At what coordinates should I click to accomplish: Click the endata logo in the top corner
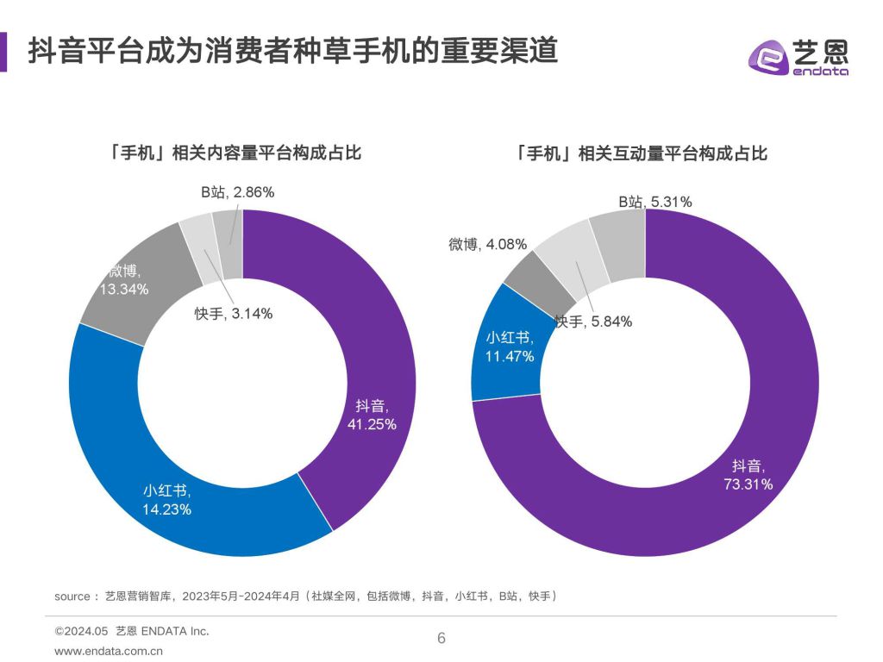(798, 57)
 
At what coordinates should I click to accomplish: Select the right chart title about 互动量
(640, 154)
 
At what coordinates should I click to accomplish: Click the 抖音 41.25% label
(376, 415)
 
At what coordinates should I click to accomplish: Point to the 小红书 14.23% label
(167, 500)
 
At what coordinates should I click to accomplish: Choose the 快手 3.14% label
(233, 314)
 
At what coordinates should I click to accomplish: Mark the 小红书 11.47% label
(509, 347)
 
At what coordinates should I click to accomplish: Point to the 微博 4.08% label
(487, 244)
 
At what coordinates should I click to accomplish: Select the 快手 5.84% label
(593, 322)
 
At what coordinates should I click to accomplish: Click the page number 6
(441, 639)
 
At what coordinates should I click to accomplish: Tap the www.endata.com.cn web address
(108, 652)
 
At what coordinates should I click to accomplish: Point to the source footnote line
(307, 596)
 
